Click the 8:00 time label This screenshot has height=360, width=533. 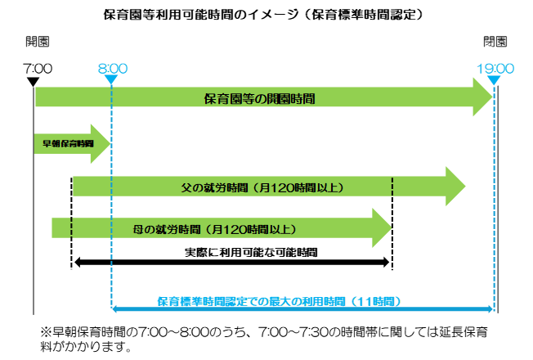point(112,69)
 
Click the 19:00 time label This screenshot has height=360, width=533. point(495,69)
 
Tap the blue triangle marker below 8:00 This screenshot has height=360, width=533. point(111,80)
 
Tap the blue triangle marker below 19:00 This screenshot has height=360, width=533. point(494,80)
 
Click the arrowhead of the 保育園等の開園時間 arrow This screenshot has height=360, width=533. point(482,98)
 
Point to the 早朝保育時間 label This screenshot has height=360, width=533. point(68,143)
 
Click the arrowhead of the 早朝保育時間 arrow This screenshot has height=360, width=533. point(100,143)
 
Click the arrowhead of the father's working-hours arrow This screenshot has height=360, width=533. point(455,187)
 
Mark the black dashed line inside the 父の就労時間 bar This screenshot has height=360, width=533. point(392,187)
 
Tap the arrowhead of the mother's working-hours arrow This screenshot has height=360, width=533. point(382,227)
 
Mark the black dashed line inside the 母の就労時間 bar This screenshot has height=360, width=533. point(71,227)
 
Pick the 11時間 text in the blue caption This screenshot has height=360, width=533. point(379,301)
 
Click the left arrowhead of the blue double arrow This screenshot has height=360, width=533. point(115,308)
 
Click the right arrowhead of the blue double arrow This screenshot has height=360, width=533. point(490,308)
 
